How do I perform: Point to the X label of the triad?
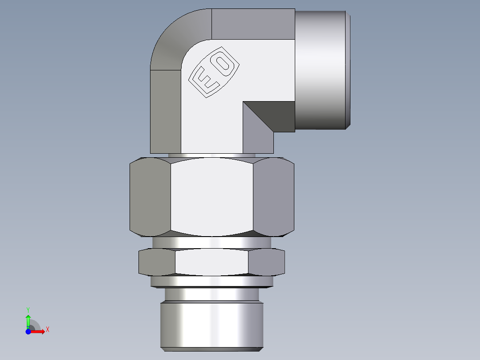click(x=48, y=330)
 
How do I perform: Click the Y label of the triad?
click(x=28, y=309)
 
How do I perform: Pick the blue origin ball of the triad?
click(x=28, y=331)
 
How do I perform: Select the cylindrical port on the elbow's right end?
click(x=321, y=69)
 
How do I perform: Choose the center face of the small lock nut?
click(x=212, y=262)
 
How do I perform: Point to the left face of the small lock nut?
click(x=157, y=262)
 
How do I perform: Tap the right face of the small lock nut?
click(x=266, y=262)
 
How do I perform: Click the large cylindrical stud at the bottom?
click(x=212, y=323)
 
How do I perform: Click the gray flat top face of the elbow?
click(x=253, y=24)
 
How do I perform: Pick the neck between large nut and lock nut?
click(x=212, y=242)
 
